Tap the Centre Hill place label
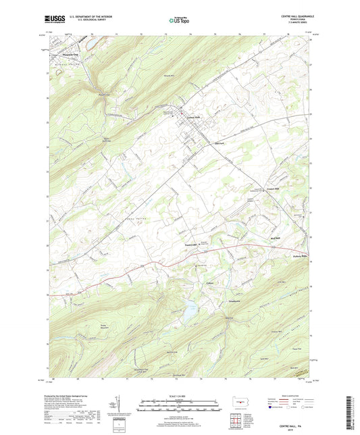[272, 188]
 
